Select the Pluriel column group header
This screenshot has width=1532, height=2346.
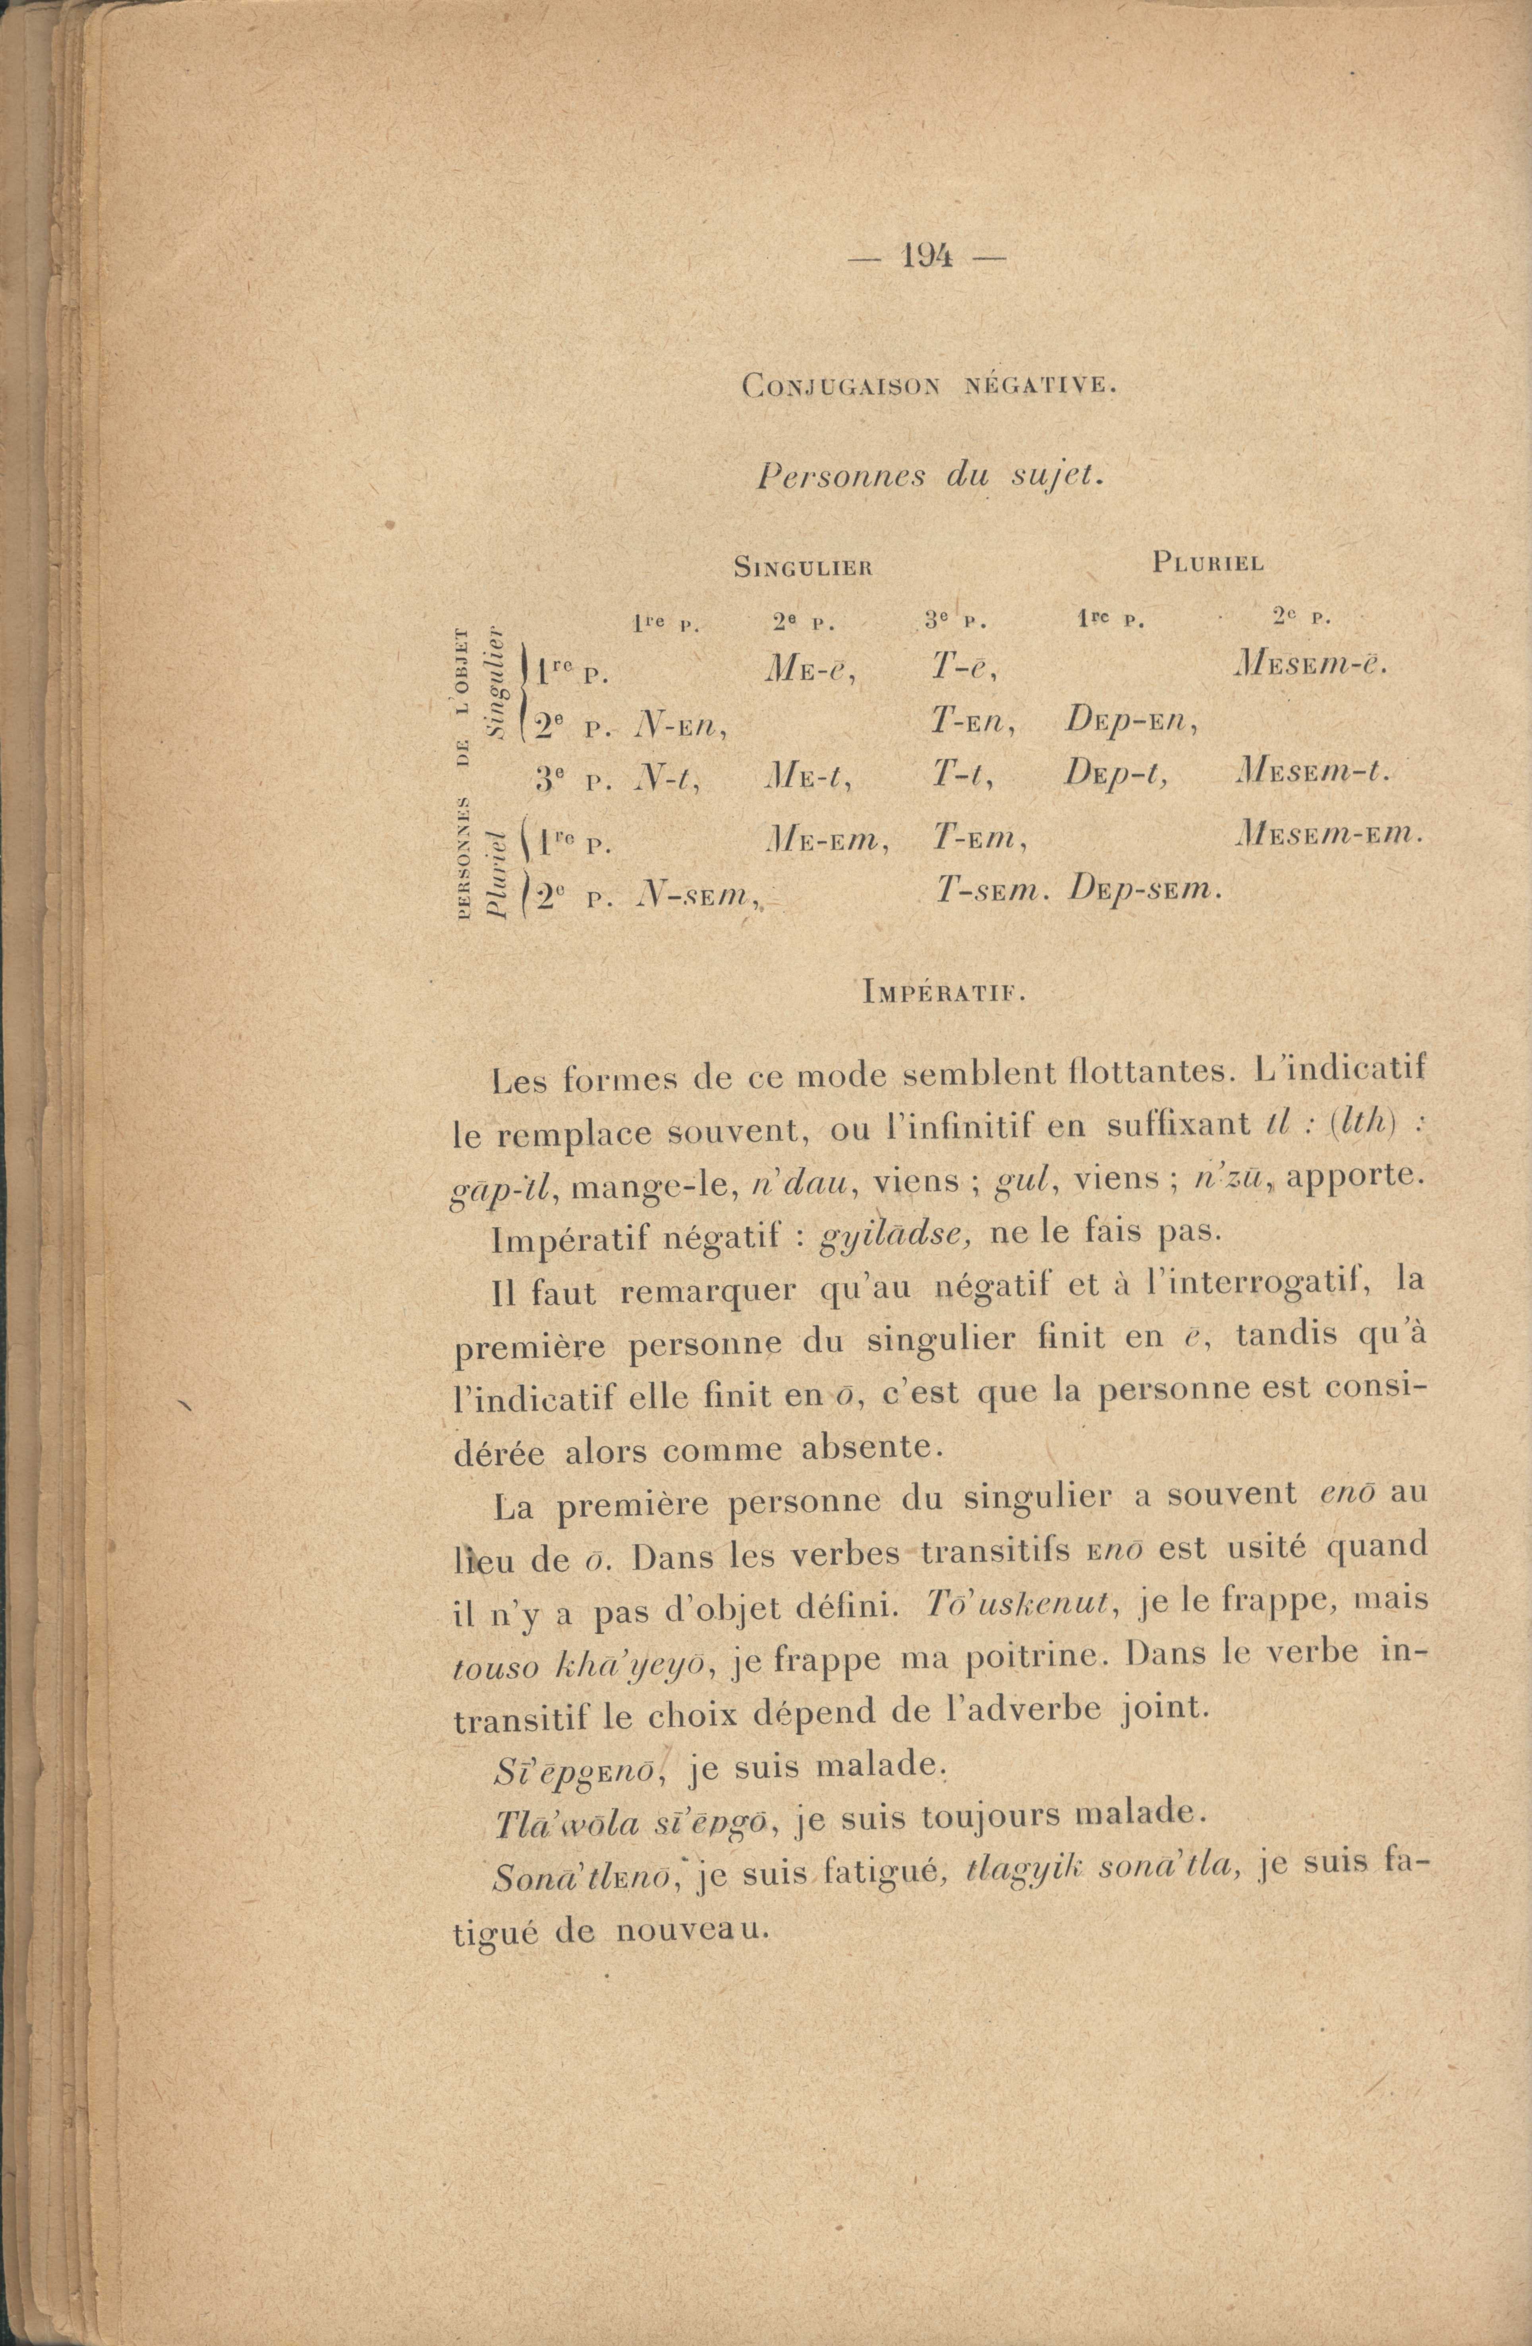coord(1207,563)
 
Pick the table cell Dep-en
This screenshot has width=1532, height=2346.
coord(1130,725)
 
